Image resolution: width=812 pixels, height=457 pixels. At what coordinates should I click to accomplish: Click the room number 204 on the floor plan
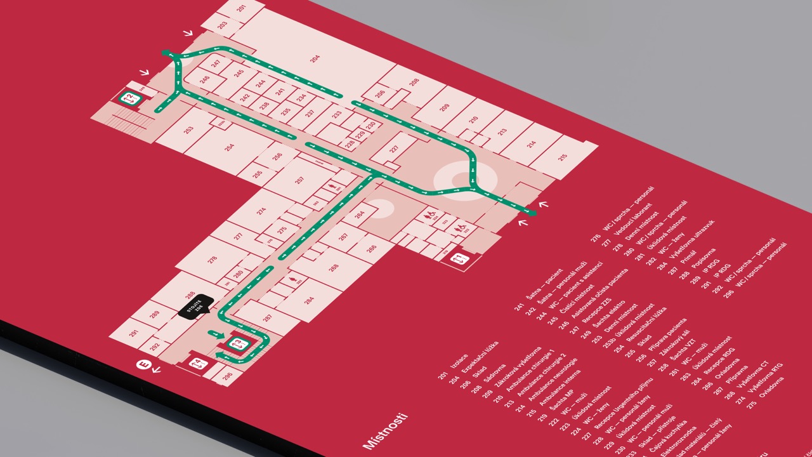point(315,58)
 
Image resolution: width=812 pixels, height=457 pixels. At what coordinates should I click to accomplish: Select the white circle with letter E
point(143,365)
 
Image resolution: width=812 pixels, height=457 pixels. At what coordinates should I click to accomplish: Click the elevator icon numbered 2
point(131,98)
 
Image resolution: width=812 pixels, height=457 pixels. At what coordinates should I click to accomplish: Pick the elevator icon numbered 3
point(237,345)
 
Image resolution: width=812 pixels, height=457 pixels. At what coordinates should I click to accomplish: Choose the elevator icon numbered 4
point(198,364)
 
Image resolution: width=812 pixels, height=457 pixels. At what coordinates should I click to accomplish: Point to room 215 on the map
point(563,157)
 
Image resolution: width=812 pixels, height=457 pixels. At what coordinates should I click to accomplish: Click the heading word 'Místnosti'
point(384,432)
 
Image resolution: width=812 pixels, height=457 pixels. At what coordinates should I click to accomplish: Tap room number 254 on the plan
point(230,147)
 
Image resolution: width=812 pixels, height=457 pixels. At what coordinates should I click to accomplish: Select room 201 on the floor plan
point(242,8)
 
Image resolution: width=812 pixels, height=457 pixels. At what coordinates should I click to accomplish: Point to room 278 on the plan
point(212,259)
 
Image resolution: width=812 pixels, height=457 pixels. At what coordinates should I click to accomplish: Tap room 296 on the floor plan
point(227,375)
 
